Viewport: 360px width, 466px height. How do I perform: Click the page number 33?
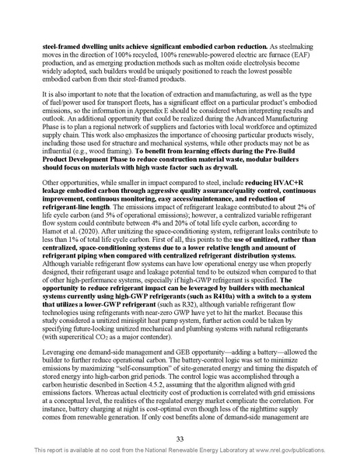coord(180,440)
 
